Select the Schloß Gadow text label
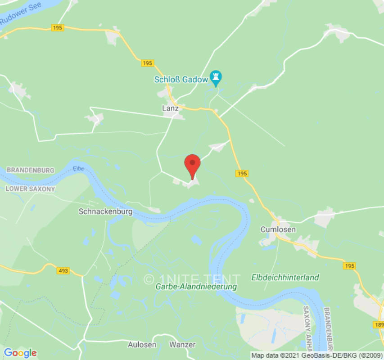coord(181,80)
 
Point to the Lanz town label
coord(170,108)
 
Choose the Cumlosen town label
coord(278,229)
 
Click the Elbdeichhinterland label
coord(285,278)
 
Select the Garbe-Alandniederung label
coord(196,287)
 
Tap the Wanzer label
coord(182,345)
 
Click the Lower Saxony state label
coord(30,189)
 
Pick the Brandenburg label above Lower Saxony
coord(30,171)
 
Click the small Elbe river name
coord(78,169)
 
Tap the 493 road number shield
coord(63,270)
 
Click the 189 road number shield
coord(379,325)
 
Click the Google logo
coord(20,352)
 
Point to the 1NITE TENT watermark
coord(192,279)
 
